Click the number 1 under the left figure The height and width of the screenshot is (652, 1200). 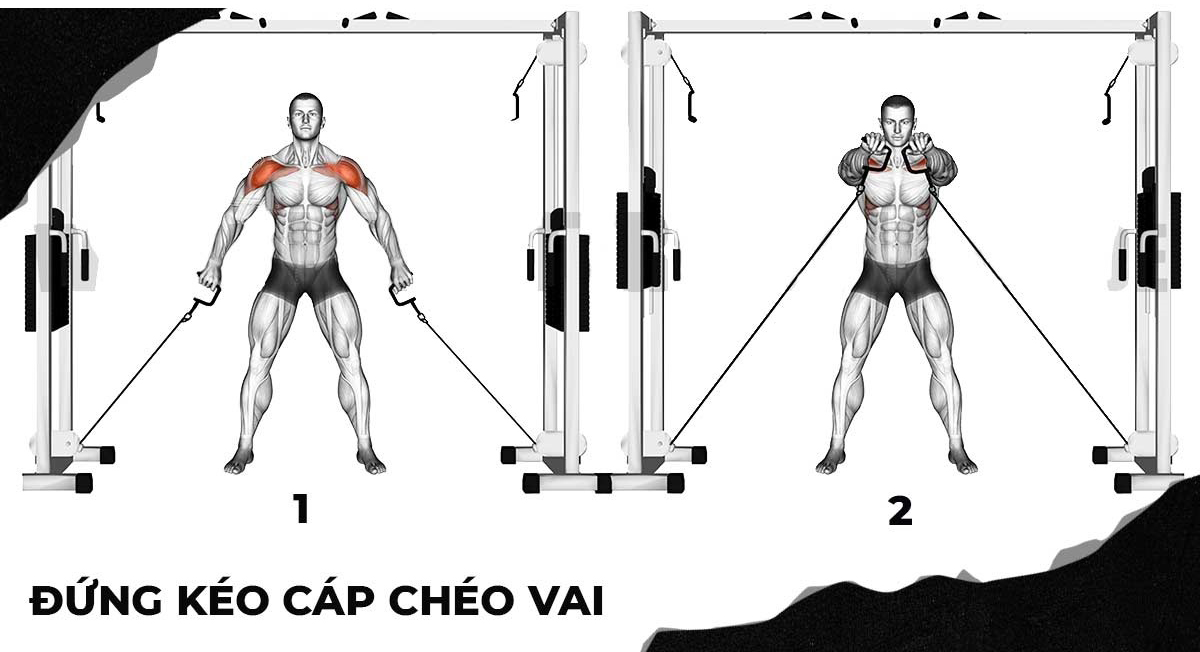pyautogui.click(x=300, y=510)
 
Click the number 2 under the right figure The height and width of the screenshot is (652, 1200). pyautogui.click(x=900, y=512)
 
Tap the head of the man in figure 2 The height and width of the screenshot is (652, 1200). pyautogui.click(x=899, y=119)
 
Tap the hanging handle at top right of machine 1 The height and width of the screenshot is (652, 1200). pyautogui.click(x=520, y=95)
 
